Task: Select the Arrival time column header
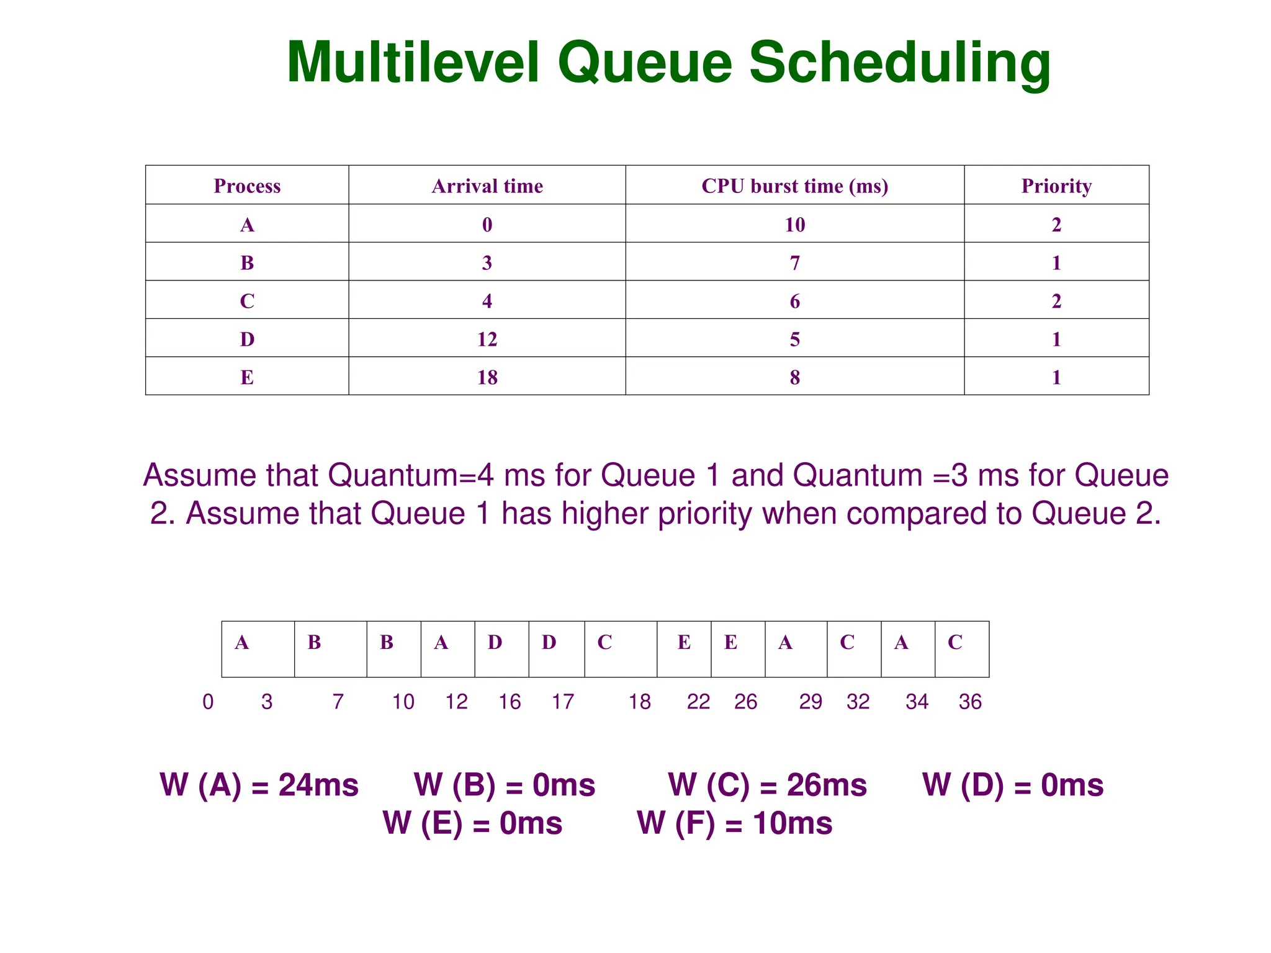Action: tap(487, 186)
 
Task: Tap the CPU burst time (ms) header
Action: tap(794, 186)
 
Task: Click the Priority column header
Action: tap(1056, 186)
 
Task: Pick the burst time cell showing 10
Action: tap(794, 225)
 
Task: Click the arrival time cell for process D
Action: tap(487, 339)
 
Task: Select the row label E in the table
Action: tap(247, 377)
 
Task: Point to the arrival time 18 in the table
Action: tap(487, 377)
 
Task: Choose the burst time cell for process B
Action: tap(794, 263)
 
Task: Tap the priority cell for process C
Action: tap(1056, 302)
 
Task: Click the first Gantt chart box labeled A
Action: tap(258, 649)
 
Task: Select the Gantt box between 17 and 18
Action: tap(621, 649)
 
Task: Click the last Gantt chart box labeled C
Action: tap(962, 649)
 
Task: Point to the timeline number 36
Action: tap(970, 702)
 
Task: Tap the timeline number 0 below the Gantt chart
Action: tap(208, 702)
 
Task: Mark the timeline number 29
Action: tap(810, 702)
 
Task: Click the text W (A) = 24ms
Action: tap(259, 785)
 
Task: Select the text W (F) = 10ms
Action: tap(735, 823)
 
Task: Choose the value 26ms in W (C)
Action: tap(827, 785)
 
